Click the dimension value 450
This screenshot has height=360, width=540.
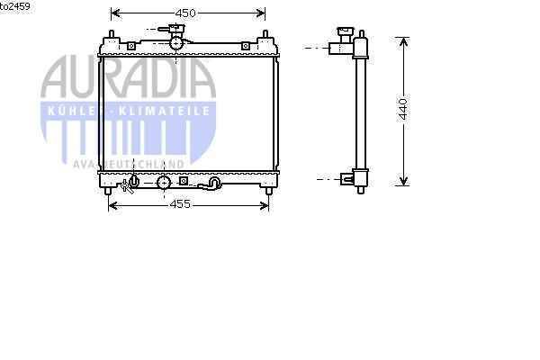tap(185, 13)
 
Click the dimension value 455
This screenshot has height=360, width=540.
tap(180, 204)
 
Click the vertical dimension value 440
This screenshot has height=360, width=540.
tap(403, 109)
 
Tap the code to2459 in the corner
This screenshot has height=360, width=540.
tap(14, 6)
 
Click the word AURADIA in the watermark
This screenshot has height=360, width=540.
tap(128, 77)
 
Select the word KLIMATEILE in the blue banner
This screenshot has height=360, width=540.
tap(164, 111)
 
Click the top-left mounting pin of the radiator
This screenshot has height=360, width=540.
tap(112, 34)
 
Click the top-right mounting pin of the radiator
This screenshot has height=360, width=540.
tap(265, 34)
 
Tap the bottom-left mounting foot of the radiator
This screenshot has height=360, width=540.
tap(108, 191)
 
